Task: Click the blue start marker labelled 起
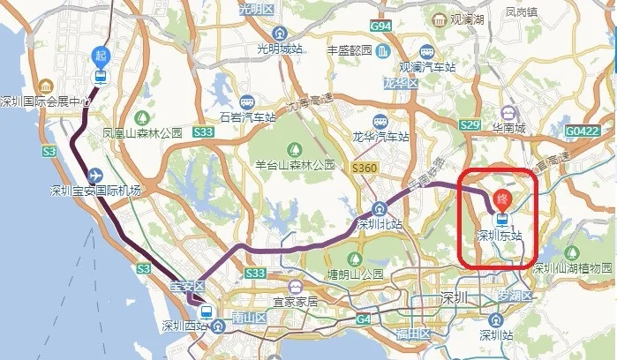point(102,56)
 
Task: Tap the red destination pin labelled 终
point(501,199)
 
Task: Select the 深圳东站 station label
point(500,236)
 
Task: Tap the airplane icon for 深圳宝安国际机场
point(95,174)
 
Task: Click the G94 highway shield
point(381,26)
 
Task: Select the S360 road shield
point(363,167)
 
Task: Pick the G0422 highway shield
point(582,131)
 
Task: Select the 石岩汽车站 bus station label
point(243,116)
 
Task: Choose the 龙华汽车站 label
point(380,137)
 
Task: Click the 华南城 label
point(508,129)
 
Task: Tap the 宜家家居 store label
point(295,302)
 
